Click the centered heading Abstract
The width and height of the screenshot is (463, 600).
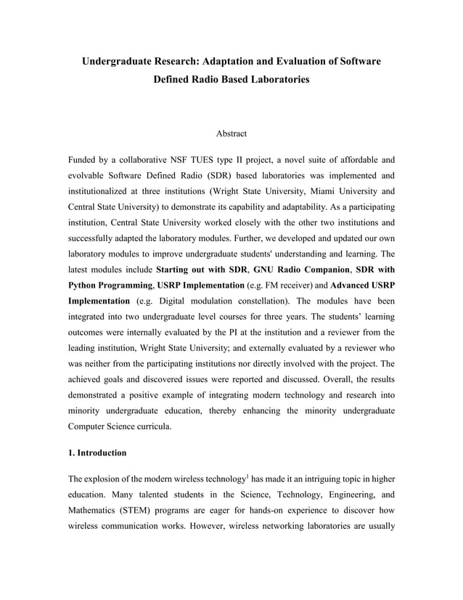pyautogui.click(x=231, y=134)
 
